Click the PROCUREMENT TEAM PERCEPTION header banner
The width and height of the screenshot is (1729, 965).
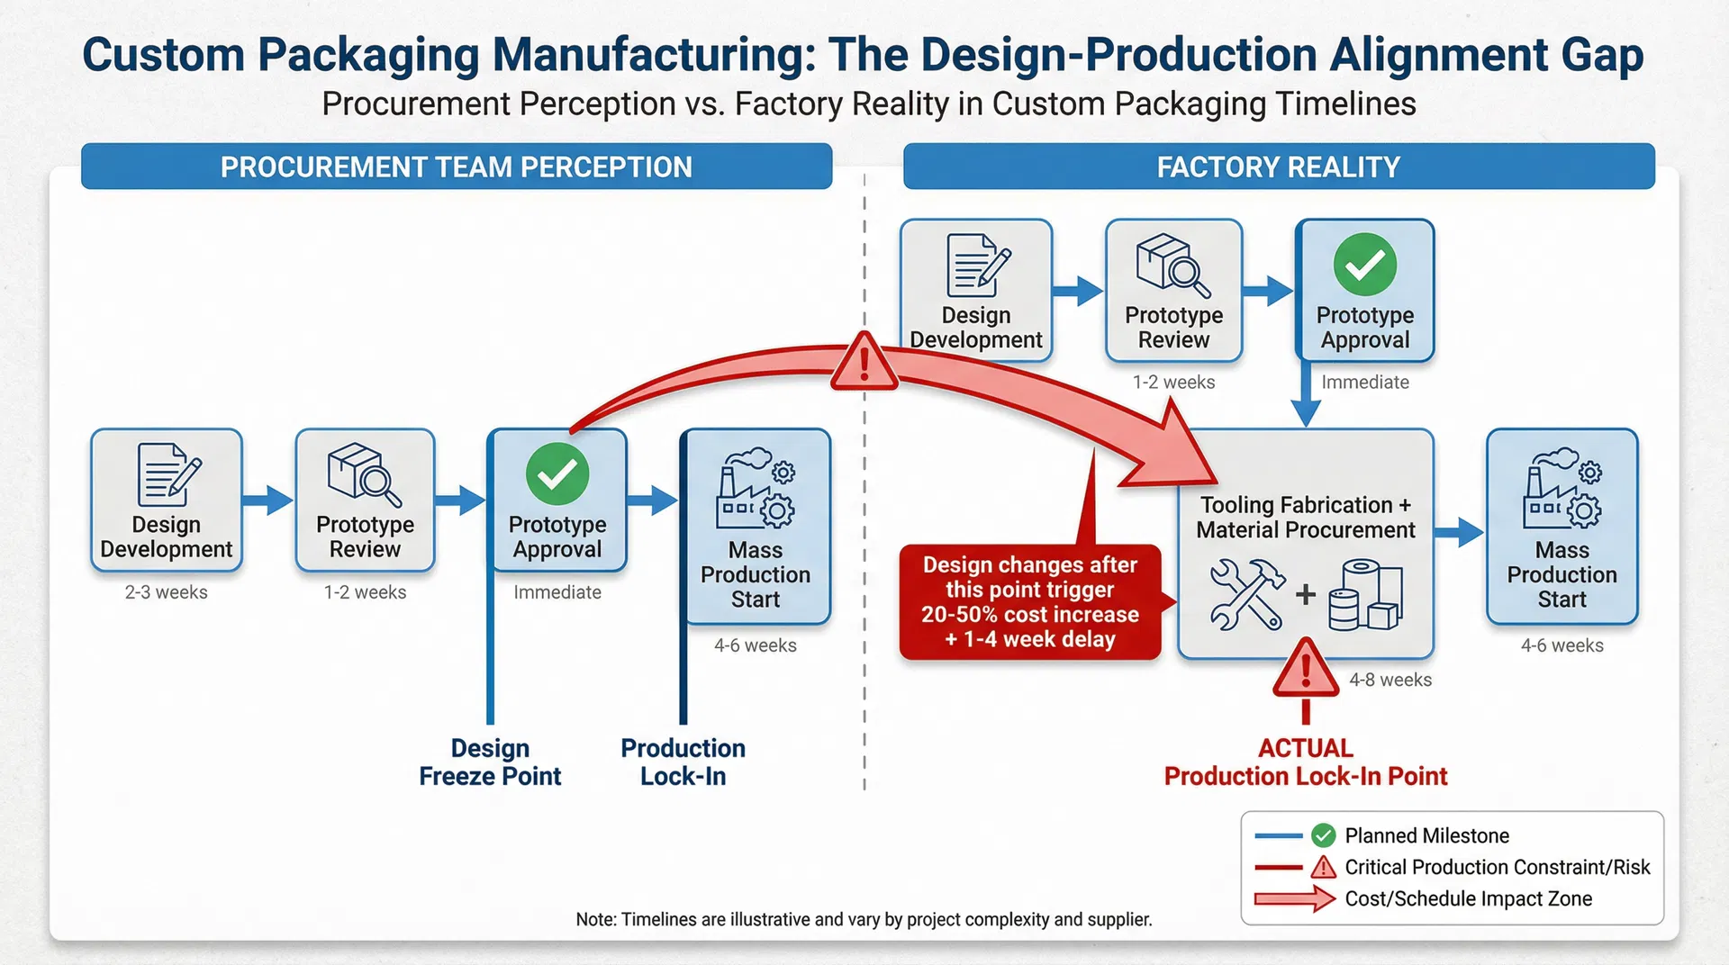point(456,167)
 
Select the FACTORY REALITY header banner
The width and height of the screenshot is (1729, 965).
point(1278,167)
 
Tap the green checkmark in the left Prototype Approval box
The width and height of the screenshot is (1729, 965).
point(557,473)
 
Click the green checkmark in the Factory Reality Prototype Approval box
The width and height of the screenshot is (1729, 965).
point(1364,265)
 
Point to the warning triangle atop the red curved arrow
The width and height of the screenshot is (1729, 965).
point(864,363)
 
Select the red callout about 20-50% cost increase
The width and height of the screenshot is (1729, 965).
point(1030,601)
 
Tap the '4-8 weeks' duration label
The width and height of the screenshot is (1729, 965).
point(1390,680)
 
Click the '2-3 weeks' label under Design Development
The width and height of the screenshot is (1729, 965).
point(166,592)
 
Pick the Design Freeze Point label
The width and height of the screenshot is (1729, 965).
point(490,762)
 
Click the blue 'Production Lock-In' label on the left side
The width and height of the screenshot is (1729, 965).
point(683,762)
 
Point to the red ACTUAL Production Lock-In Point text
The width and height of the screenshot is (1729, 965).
point(1305,762)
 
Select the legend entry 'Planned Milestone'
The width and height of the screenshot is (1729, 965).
point(1426,835)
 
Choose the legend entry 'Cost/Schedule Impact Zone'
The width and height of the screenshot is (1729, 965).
point(1467,898)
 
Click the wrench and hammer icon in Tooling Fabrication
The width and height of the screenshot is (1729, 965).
point(1246,593)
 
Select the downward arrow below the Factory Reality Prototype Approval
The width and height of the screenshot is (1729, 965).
point(1305,396)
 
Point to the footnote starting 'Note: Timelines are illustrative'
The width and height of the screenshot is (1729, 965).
point(863,919)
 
